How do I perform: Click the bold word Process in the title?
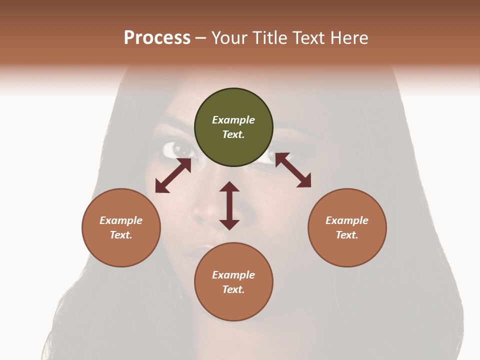pyautogui.click(x=157, y=37)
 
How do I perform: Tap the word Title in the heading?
pyautogui.click(x=268, y=37)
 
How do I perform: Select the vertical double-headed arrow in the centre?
pyautogui.click(x=229, y=205)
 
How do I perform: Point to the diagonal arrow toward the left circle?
pyautogui.click(x=173, y=175)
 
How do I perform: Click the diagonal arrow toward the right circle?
pyautogui.click(x=293, y=170)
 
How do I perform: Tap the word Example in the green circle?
pyautogui.click(x=233, y=120)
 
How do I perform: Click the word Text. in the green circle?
pyautogui.click(x=233, y=134)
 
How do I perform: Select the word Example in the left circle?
pyautogui.click(x=121, y=220)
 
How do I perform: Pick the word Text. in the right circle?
pyautogui.click(x=347, y=235)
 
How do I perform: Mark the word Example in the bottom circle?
pyautogui.click(x=233, y=275)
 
